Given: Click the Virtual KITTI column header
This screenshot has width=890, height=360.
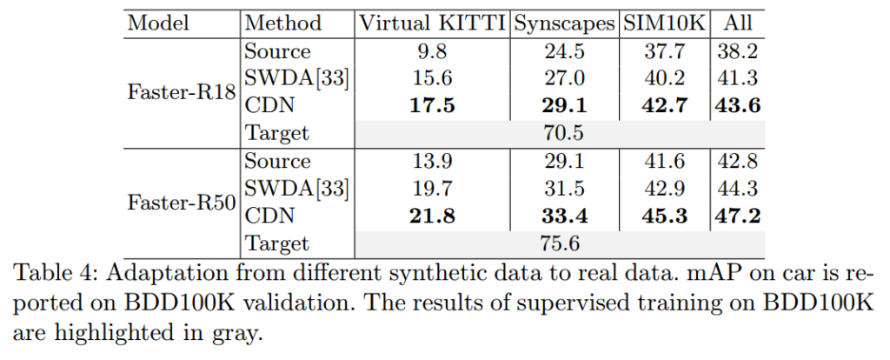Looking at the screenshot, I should pos(432,23).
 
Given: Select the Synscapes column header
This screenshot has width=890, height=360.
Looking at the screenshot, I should pos(563,23).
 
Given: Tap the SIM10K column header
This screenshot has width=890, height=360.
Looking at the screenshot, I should pos(662,23).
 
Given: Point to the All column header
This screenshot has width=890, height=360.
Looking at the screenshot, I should pos(740,23).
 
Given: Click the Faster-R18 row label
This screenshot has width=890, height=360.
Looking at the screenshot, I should pos(182,93).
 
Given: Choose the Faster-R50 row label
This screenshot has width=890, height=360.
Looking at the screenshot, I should pos(182,203).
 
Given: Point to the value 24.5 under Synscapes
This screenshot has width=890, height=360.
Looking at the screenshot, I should pos(563,51).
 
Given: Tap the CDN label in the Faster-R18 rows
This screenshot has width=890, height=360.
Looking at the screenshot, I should pos(271,106).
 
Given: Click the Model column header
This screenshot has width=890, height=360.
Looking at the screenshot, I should pos(158,23).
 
